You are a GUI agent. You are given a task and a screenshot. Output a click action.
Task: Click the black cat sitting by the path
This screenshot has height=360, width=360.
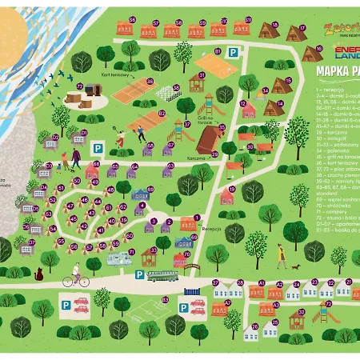(37, 274)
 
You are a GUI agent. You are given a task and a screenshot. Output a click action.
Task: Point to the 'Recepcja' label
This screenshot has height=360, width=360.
(211, 229)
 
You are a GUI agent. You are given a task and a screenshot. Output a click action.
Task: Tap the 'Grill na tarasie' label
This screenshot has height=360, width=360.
(210, 117)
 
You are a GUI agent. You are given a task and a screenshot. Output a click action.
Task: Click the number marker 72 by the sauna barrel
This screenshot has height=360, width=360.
(79, 86)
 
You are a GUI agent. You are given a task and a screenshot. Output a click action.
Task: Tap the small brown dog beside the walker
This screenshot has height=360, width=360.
(297, 265)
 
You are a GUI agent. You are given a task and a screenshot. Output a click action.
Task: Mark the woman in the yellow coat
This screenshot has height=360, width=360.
(282, 254)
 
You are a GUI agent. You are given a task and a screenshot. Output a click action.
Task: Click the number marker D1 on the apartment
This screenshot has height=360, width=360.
(84, 132)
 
